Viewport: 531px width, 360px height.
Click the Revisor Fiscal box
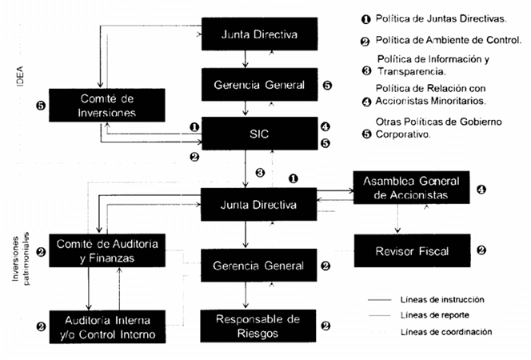(x=411, y=251)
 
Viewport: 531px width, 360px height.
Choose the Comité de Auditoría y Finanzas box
(x=106, y=250)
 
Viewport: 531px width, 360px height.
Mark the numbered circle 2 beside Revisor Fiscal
(x=481, y=250)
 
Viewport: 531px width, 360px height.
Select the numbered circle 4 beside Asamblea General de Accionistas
(x=481, y=190)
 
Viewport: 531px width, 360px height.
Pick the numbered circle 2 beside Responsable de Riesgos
(x=325, y=326)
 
